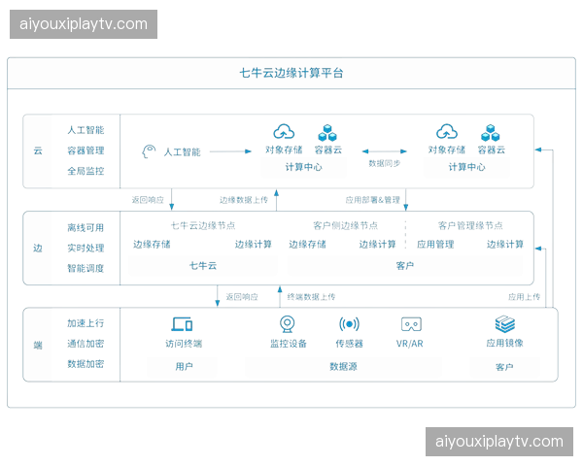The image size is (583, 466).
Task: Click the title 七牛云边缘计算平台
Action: coord(291,73)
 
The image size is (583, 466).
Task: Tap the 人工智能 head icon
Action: coord(149,151)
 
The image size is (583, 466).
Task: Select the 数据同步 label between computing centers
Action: coord(385,163)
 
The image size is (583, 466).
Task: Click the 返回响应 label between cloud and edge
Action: coord(148,200)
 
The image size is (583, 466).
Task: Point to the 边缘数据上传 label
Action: coord(244,200)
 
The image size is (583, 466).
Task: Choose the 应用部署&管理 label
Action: coord(372,200)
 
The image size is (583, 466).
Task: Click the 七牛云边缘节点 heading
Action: coord(203,225)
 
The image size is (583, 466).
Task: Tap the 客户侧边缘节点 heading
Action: coord(345,225)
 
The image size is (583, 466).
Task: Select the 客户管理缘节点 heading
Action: coord(470,225)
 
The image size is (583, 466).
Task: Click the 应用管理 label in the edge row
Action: coord(435,244)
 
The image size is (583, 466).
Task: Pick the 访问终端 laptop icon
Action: coord(183,324)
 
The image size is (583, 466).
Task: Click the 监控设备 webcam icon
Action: coord(288,324)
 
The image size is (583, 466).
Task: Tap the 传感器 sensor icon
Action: coord(349,324)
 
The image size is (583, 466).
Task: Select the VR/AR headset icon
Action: coord(411,324)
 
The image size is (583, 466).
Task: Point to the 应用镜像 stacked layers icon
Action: coord(505,324)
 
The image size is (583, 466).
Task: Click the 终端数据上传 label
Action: coord(311,296)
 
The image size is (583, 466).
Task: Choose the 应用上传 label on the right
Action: coord(525,296)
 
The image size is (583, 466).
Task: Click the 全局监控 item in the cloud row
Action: coord(86,171)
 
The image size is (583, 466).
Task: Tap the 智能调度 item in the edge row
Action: coord(86,268)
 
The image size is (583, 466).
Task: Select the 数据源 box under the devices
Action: coord(343,367)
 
